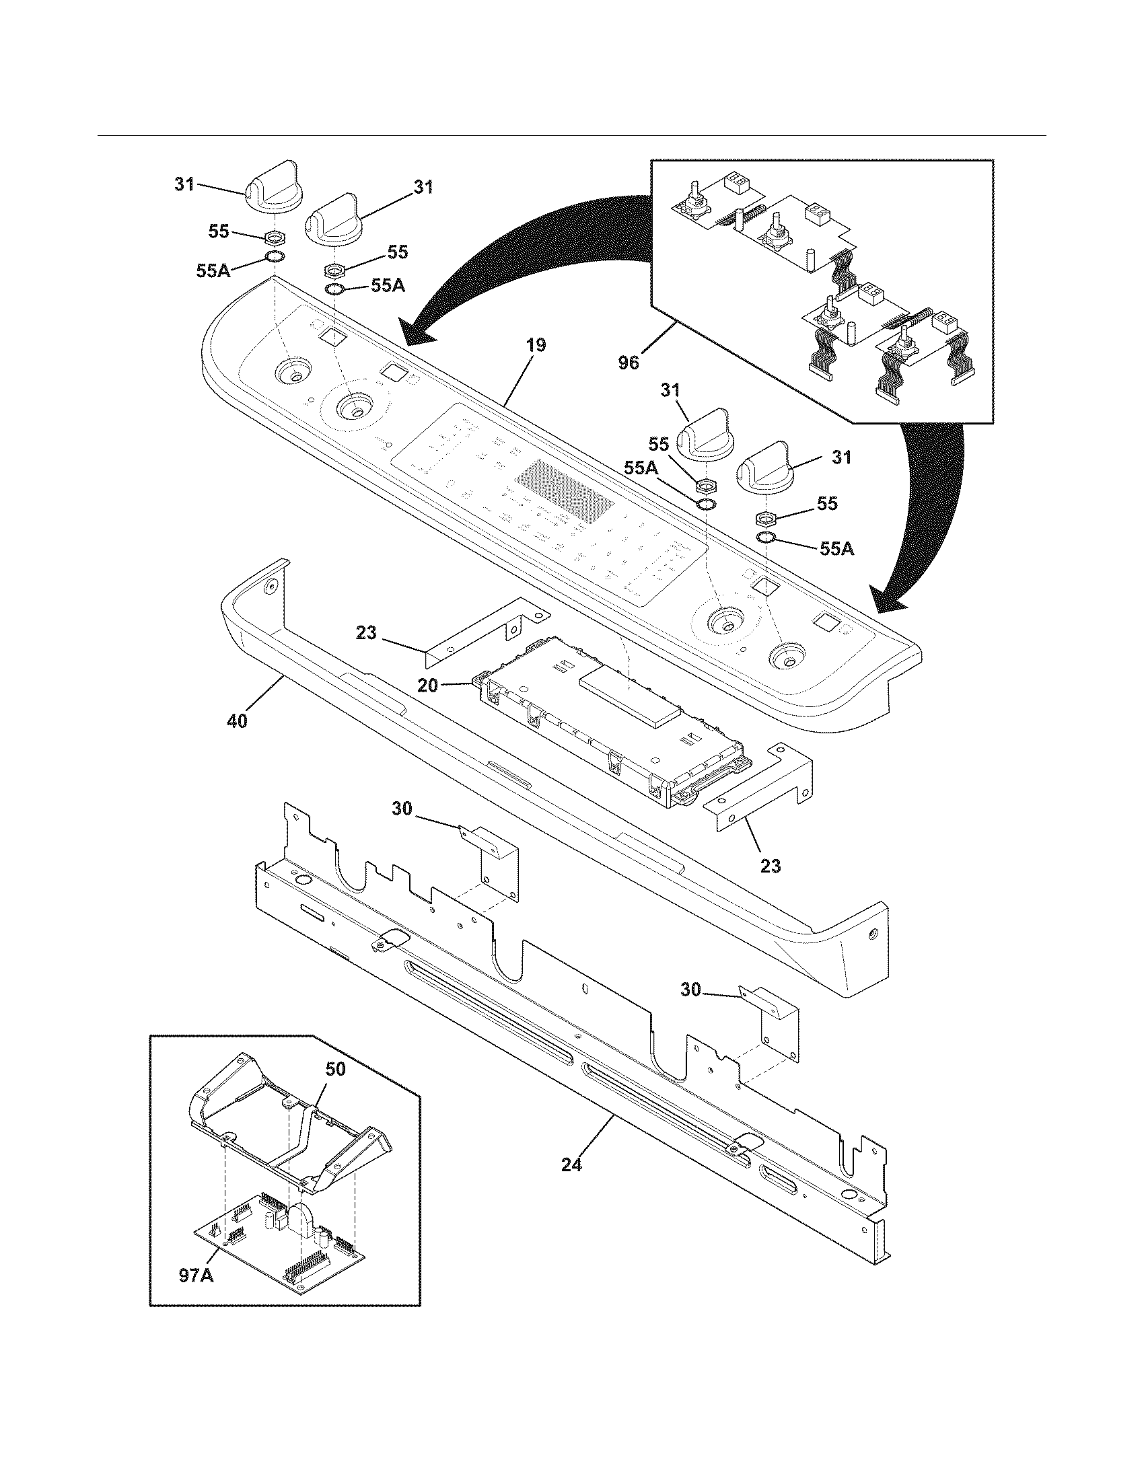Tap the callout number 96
(629, 363)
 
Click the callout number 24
(571, 1166)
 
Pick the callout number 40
(237, 721)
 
